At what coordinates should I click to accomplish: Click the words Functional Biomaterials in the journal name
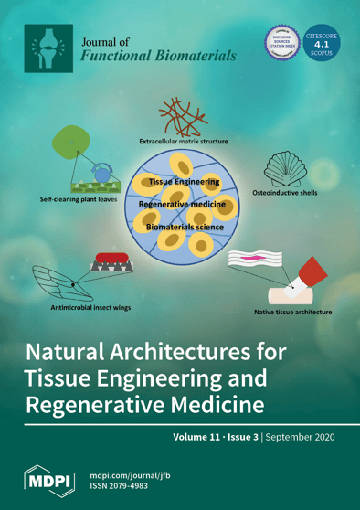coord(158,56)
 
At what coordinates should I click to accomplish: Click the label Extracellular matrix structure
coord(184,142)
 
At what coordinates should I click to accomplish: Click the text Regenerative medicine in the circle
coord(183,205)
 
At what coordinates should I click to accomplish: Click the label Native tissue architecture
coord(286,313)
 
